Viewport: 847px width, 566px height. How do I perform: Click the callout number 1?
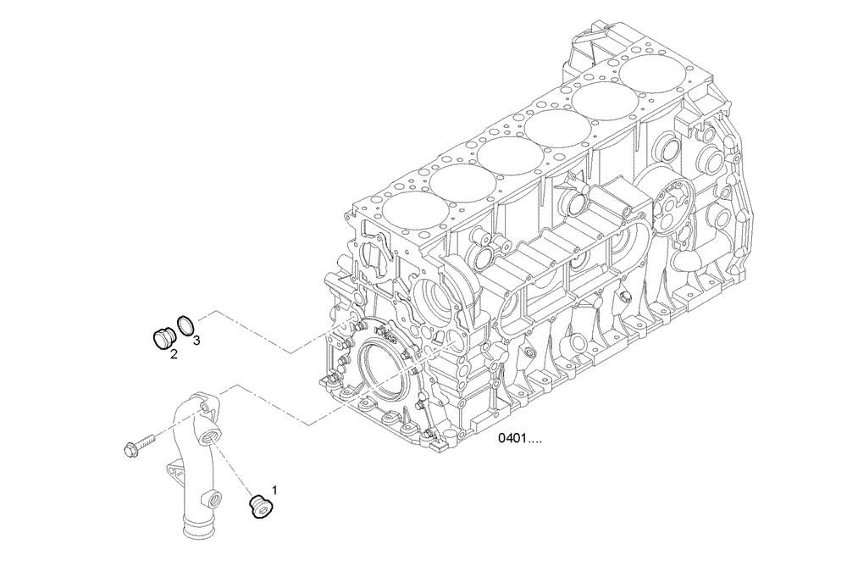pyautogui.click(x=274, y=489)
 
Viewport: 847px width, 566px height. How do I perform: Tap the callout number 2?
pyautogui.click(x=173, y=354)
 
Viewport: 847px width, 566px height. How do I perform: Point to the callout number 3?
pyautogui.click(x=196, y=341)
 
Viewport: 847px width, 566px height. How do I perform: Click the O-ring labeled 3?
pyautogui.click(x=185, y=325)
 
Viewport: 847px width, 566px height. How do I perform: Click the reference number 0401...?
pyautogui.click(x=519, y=439)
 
